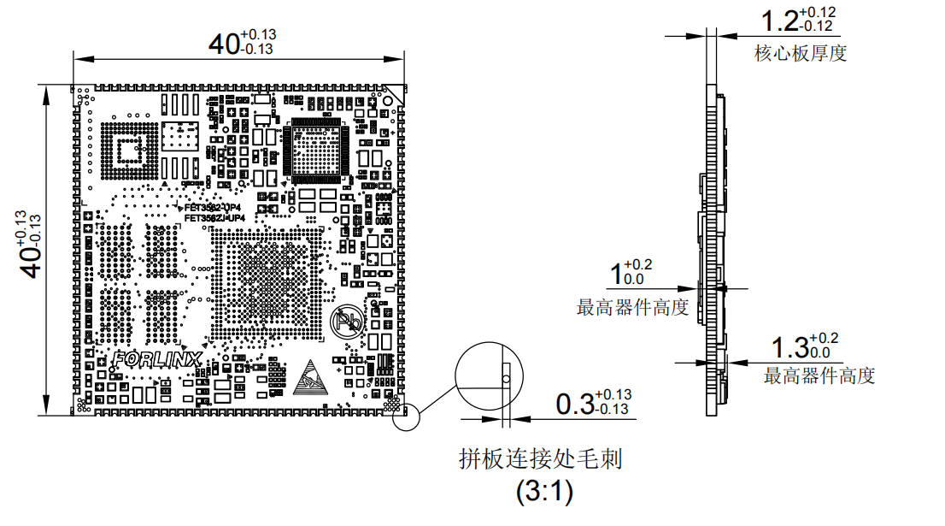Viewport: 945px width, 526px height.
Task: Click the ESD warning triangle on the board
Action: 309,377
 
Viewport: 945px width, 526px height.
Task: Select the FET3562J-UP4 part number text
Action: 214,218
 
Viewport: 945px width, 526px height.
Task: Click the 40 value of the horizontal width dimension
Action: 225,44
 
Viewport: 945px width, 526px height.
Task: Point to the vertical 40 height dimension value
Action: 32,257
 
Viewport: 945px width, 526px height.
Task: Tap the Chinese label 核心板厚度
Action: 801,54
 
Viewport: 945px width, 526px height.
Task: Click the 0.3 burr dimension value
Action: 574,404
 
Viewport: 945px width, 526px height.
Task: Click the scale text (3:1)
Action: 544,493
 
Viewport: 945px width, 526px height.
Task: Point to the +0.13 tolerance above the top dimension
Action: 258,33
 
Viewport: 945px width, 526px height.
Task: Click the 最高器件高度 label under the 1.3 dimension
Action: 819,375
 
